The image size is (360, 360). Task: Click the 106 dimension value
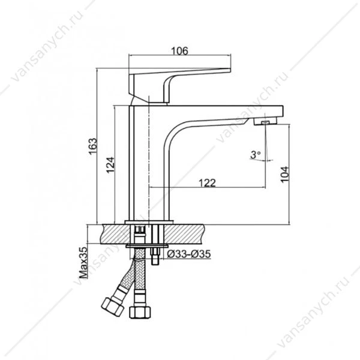[180, 51]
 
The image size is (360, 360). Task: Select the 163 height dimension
[93, 146]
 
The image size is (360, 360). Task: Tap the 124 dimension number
[110, 165]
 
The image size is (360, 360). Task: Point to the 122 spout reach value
[207, 183]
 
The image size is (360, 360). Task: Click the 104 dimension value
[284, 174]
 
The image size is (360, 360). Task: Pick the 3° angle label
[256, 155]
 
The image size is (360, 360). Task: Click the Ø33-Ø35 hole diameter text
[189, 254]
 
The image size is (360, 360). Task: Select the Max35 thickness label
[83, 263]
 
